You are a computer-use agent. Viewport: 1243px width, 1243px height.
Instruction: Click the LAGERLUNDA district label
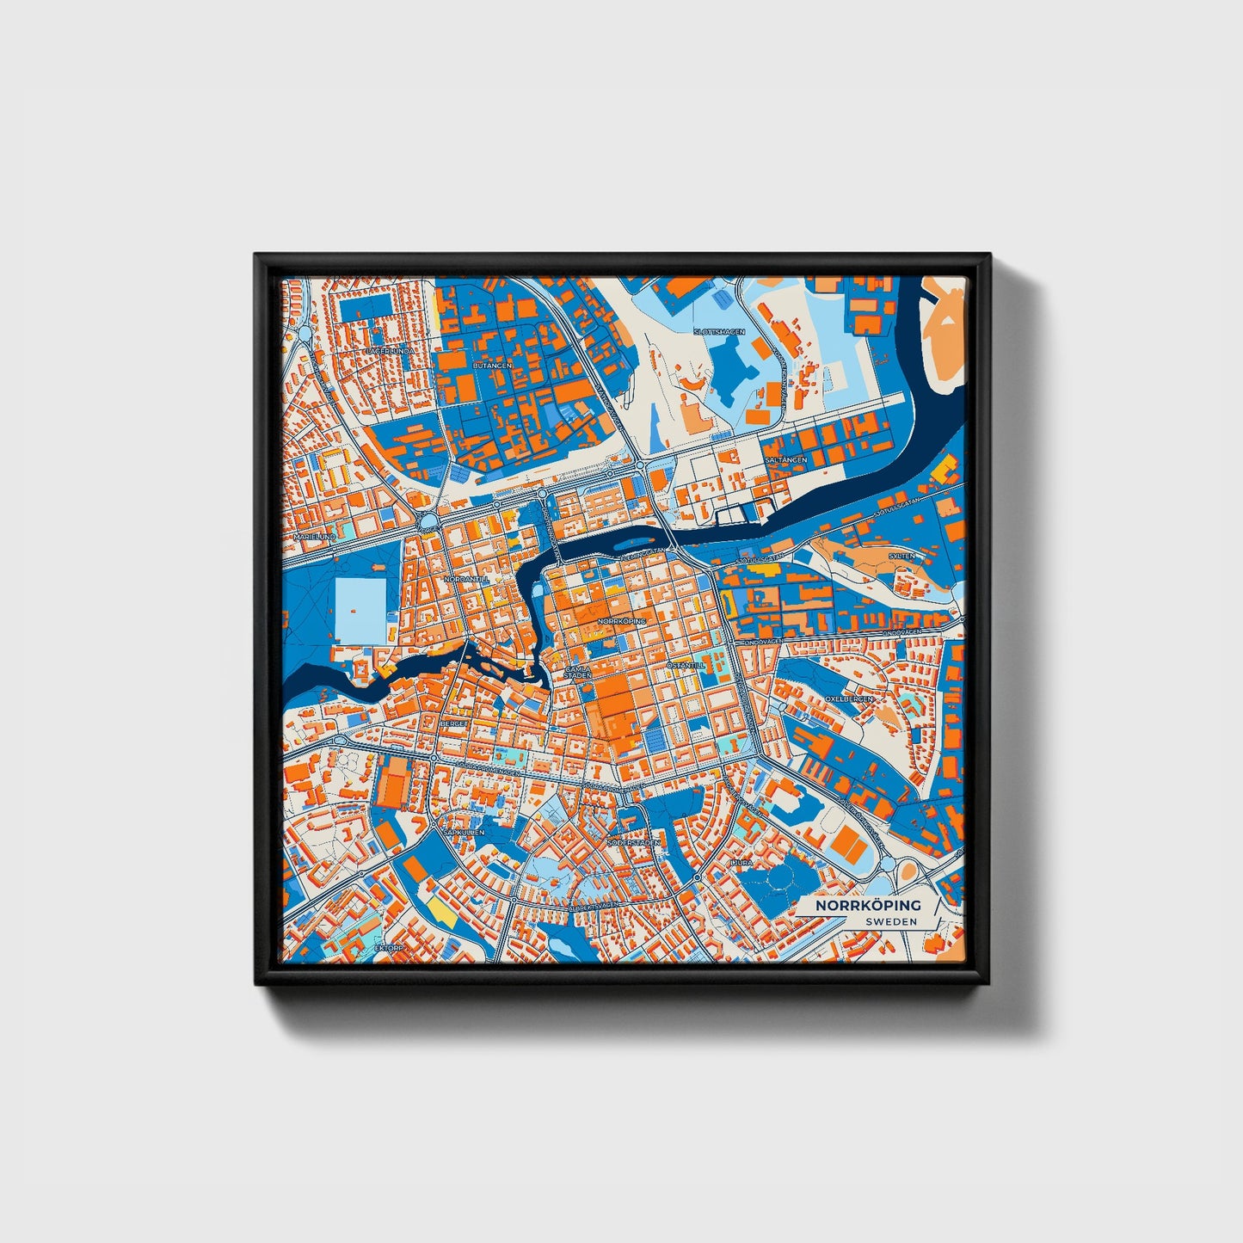click(x=391, y=351)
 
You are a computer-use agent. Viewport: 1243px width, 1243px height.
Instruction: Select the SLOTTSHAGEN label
click(x=719, y=331)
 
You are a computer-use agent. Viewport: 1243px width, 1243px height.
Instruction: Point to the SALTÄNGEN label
click(x=786, y=460)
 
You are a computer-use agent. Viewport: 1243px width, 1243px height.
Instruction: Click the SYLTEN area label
click(x=901, y=556)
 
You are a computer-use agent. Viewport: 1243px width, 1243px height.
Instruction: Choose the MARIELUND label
click(x=314, y=536)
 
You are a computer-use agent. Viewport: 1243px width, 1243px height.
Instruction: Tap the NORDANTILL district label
click(x=466, y=580)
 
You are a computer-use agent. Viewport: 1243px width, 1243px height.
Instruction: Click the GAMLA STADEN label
click(x=578, y=672)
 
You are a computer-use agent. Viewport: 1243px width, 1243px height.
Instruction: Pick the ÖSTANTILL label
click(x=686, y=665)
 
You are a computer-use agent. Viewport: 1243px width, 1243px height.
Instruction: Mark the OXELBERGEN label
click(x=849, y=698)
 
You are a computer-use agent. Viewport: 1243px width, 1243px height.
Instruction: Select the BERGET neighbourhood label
click(x=453, y=724)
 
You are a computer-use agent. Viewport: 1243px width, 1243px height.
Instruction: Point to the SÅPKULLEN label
click(x=464, y=833)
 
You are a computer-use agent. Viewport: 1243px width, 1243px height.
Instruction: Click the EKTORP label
click(x=389, y=947)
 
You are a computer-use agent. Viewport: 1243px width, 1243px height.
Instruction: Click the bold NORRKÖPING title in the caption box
click(x=868, y=905)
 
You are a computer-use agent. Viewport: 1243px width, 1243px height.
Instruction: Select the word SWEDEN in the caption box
click(x=891, y=921)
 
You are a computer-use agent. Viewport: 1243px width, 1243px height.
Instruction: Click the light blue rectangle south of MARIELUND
click(x=360, y=610)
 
